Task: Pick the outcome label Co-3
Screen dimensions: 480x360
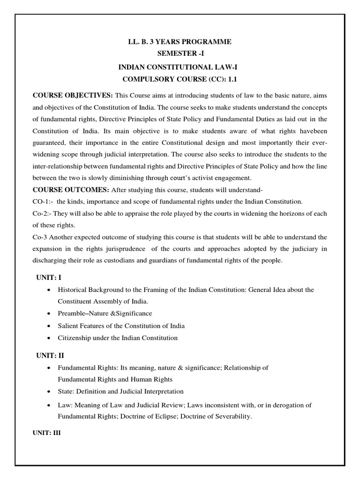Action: pos(40,237)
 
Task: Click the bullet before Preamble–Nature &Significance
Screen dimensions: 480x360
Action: pos(49,313)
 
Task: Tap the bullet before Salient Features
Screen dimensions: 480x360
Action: pos(49,326)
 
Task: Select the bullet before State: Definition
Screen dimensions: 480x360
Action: pos(49,391)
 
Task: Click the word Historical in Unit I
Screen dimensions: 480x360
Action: pos(73,290)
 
